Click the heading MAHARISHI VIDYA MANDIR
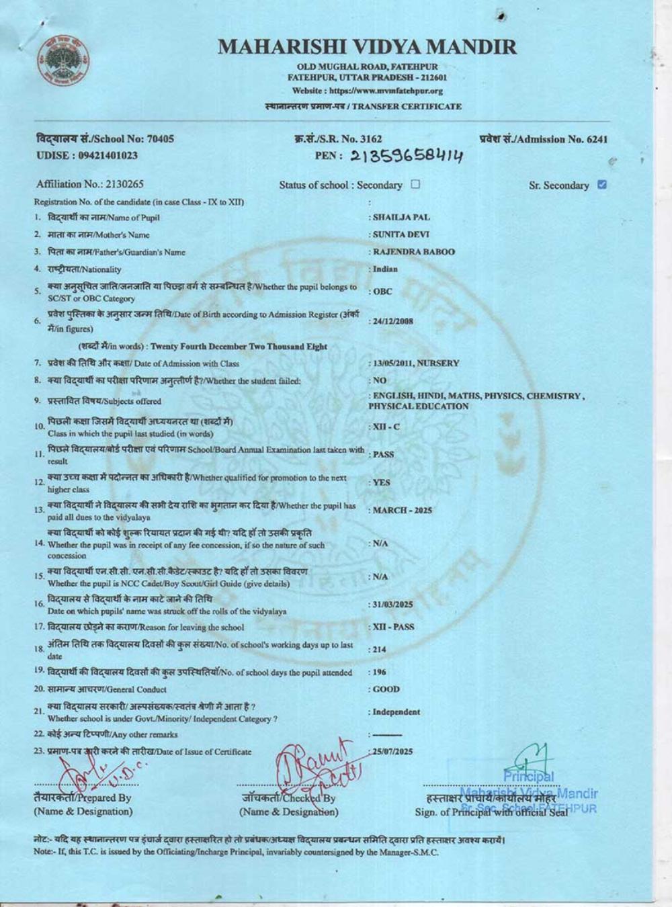[x=368, y=47]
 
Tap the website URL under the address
[x=368, y=91]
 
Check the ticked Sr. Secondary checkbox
[x=601, y=185]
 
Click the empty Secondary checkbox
[x=415, y=184]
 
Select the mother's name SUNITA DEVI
[x=401, y=234]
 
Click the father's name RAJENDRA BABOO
[x=413, y=252]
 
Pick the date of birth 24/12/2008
[x=393, y=321]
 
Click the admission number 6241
[x=597, y=139]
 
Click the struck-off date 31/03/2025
[x=393, y=605]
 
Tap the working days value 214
[x=380, y=650]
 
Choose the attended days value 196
[x=380, y=672]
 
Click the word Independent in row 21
[x=396, y=712]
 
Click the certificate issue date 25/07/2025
[x=393, y=751]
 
